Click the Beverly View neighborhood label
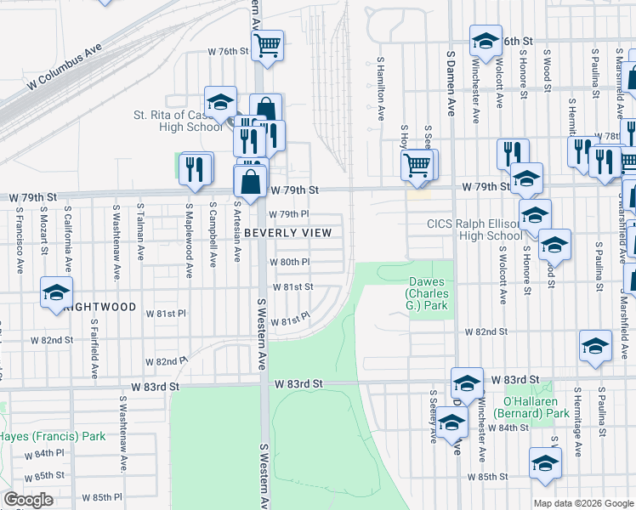tap(287, 232)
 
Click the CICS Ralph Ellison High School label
tap(474, 229)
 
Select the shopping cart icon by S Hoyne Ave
tap(416, 163)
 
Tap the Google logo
tap(28, 499)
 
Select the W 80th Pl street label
tap(289, 263)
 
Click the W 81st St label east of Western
tap(292, 287)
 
